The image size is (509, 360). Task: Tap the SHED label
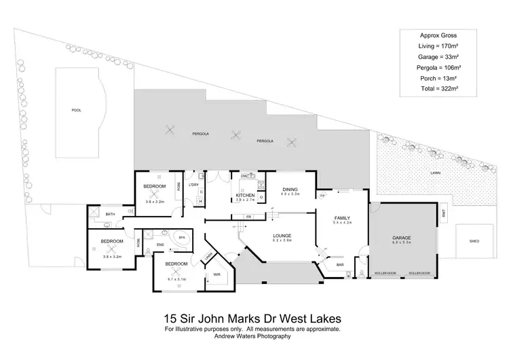474,241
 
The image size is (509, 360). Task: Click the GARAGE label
402,238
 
